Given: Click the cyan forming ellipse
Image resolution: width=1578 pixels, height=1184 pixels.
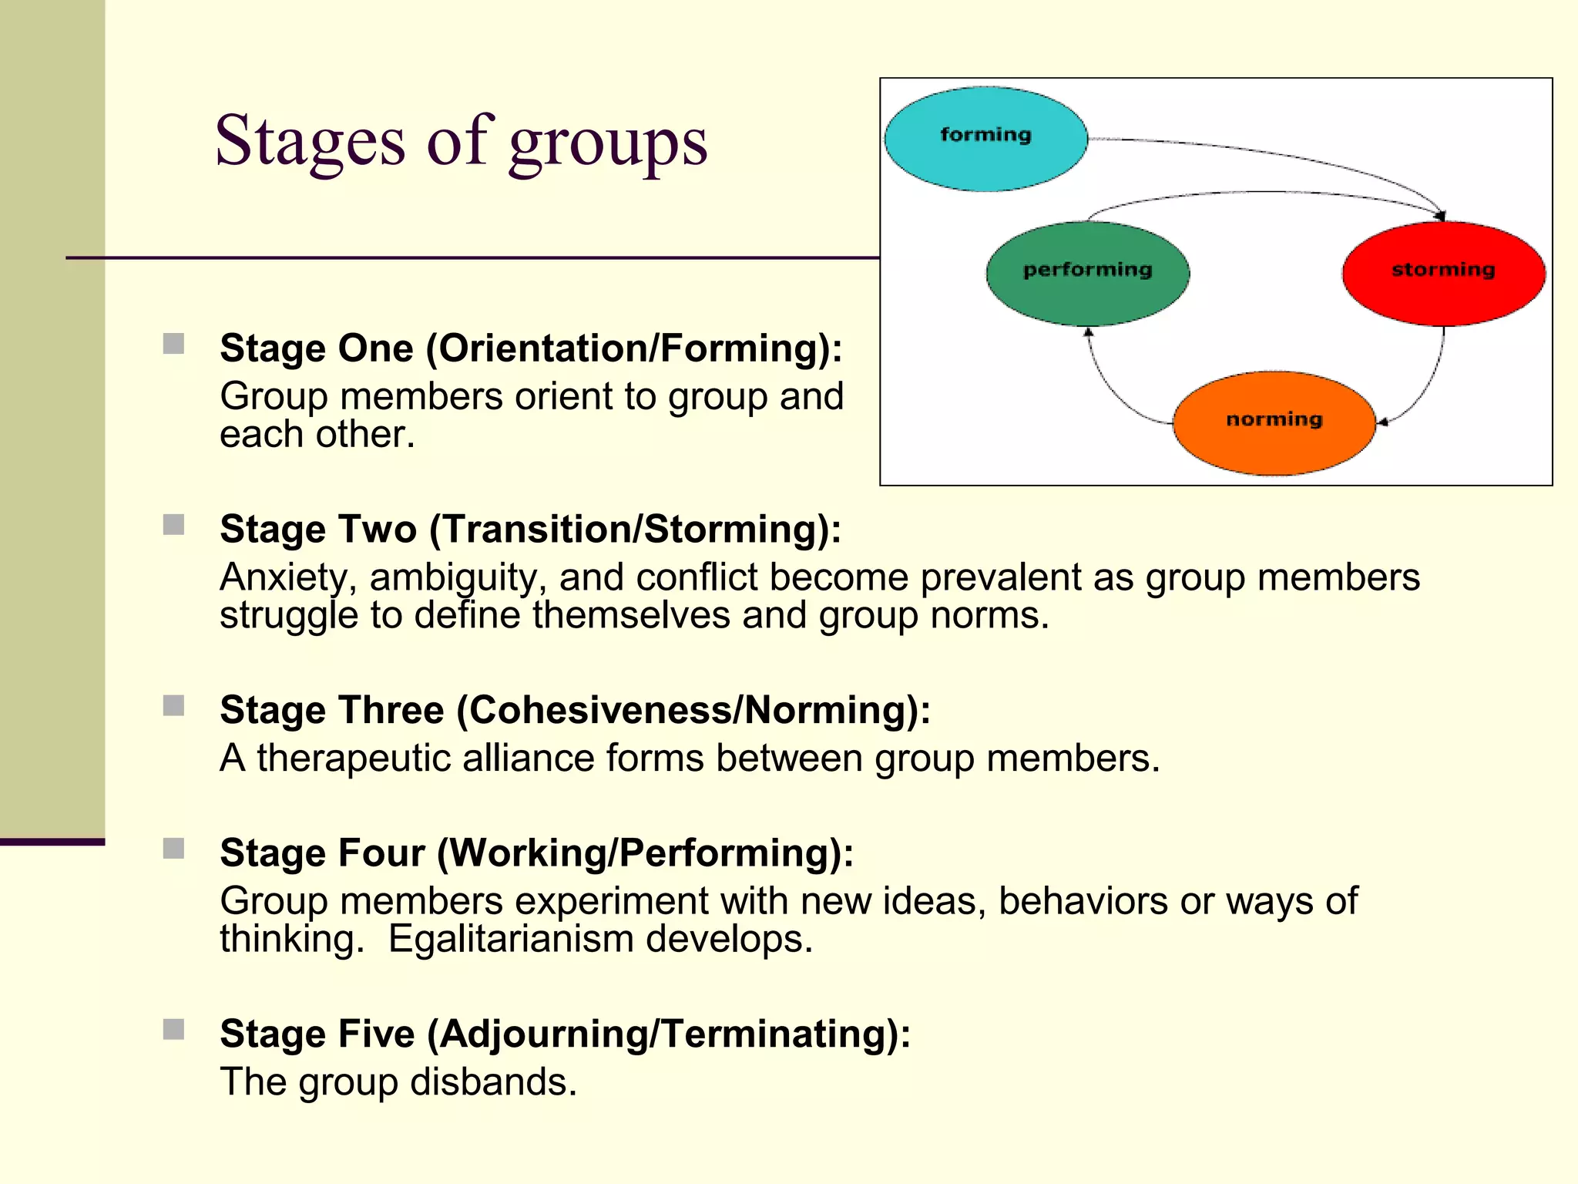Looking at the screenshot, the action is pyautogui.click(x=985, y=139).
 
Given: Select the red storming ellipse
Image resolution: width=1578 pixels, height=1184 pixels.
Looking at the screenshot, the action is pyautogui.click(x=1443, y=274).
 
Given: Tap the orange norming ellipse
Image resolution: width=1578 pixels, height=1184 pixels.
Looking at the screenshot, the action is pyautogui.click(x=1274, y=423).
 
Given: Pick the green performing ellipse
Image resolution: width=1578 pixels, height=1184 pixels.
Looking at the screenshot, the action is pyautogui.click(x=1087, y=274).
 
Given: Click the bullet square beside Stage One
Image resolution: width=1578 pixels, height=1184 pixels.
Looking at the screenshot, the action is pyautogui.click(x=173, y=344).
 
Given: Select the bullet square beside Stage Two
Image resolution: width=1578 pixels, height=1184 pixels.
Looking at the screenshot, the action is pyautogui.click(x=173, y=525).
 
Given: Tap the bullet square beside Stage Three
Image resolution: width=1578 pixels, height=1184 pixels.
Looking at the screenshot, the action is pyautogui.click(x=173, y=705).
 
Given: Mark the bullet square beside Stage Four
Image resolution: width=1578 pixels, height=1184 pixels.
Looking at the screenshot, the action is pyautogui.click(x=173, y=849).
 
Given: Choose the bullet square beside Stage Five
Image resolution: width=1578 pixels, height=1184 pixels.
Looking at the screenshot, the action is pyautogui.click(x=173, y=1029).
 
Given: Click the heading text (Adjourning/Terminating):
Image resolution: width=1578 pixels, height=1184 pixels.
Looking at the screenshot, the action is pyautogui.click(x=669, y=1034).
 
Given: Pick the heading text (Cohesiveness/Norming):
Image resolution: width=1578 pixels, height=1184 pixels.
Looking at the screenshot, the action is pyautogui.click(x=693, y=710).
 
